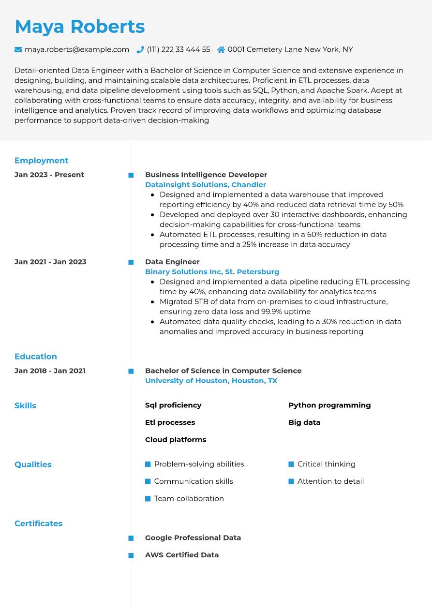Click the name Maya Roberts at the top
(x=79, y=27)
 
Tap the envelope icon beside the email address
(x=18, y=49)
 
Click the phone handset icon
(x=140, y=49)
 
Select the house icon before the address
(x=221, y=49)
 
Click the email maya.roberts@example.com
(x=77, y=49)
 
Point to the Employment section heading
(x=41, y=161)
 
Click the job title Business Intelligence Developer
(x=206, y=175)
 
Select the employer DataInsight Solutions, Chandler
(x=205, y=185)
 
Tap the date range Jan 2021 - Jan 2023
(x=50, y=262)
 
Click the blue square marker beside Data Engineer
(x=131, y=262)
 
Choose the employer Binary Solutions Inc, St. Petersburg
(x=212, y=272)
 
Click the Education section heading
(x=36, y=357)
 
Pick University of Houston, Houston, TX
(x=211, y=381)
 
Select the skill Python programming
(x=329, y=405)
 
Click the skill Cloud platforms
(x=176, y=440)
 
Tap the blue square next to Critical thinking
(x=291, y=464)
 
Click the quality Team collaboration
(x=189, y=499)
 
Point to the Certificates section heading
(x=38, y=523)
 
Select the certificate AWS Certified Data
(x=182, y=555)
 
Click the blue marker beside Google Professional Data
(x=131, y=538)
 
